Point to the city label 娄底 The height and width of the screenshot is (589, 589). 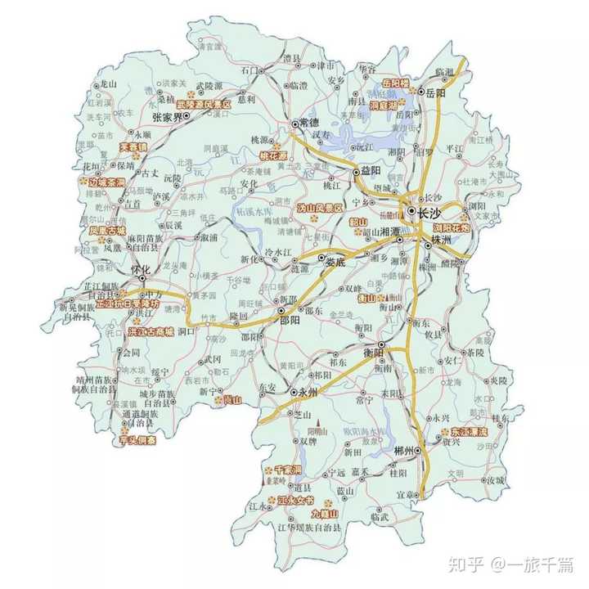(x=335, y=263)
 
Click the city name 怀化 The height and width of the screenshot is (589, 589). (x=142, y=269)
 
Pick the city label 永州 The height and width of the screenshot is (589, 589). (x=308, y=393)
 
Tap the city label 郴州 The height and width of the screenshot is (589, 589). (x=404, y=451)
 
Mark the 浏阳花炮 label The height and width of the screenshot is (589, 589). (x=452, y=228)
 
